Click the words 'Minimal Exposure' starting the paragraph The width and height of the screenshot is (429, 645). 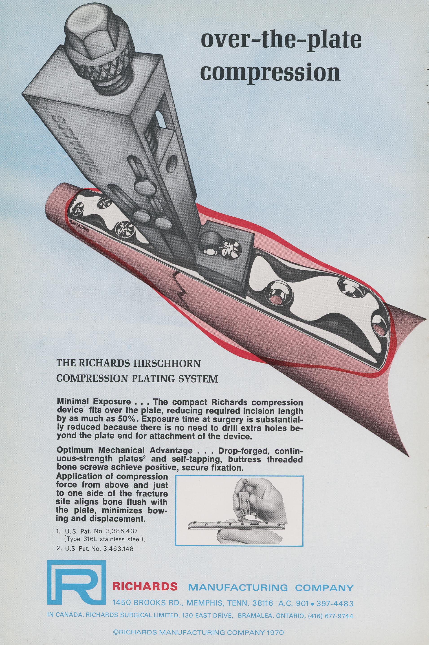(94, 402)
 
